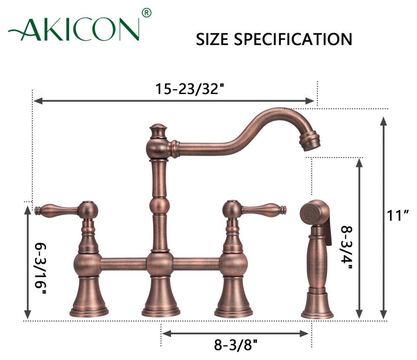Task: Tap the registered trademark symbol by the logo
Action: [x=147, y=13]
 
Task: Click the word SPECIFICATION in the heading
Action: [x=293, y=39]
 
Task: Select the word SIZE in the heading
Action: [x=212, y=39]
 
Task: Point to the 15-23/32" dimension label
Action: [x=190, y=89]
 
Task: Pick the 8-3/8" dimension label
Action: [x=236, y=345]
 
